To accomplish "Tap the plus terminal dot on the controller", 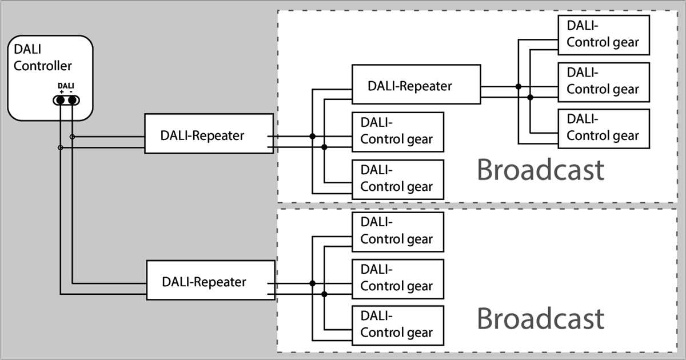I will pyautogui.click(x=60, y=101).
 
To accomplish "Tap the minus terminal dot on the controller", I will pyautogui.click(x=73, y=101).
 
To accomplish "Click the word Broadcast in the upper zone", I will pyautogui.click(x=540, y=170).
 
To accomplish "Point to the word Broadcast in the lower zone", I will pyautogui.click(x=540, y=319).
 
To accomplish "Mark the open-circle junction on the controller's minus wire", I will pyautogui.click(x=72, y=137).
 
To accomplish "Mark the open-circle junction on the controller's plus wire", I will pyautogui.click(x=60, y=148).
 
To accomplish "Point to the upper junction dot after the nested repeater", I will pyautogui.click(x=518, y=86).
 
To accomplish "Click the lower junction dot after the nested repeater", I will pyautogui.click(x=530, y=98).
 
